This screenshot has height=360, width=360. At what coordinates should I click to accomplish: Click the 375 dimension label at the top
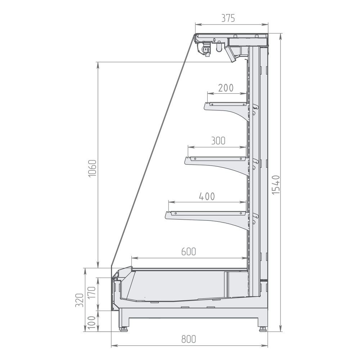tap(228, 18)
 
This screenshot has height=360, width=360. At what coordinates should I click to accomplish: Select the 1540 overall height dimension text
tap(275, 185)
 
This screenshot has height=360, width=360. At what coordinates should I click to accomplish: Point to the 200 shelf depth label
tap(226, 88)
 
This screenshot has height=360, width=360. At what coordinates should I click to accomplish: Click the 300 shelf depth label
tap(218, 141)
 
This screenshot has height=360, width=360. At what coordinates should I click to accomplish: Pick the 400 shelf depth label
tap(207, 196)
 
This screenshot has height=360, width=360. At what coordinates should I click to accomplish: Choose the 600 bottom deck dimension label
tap(188, 252)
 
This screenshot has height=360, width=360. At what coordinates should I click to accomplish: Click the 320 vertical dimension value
tap(80, 300)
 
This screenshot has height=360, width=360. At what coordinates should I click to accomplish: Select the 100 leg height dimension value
tap(91, 321)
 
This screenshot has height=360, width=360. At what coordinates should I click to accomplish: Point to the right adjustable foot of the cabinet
tap(262, 328)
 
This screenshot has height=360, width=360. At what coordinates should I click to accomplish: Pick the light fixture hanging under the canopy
tap(206, 49)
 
